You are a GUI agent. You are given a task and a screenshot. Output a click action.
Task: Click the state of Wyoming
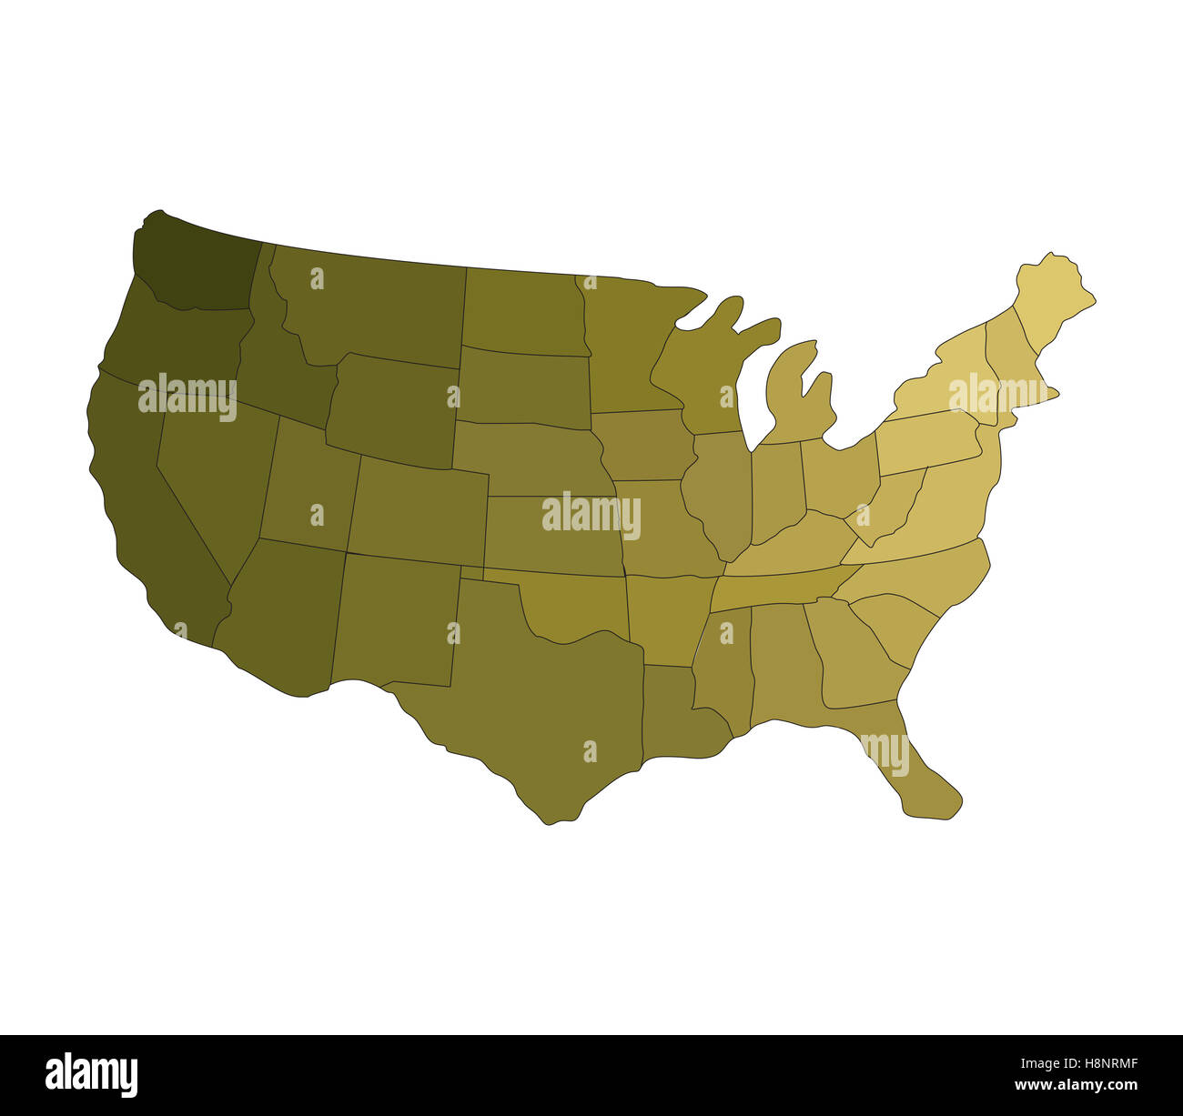point(391,409)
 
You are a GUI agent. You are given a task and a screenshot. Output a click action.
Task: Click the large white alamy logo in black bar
point(92,1074)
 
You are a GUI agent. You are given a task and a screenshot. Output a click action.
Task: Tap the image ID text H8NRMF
point(1096,1061)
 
